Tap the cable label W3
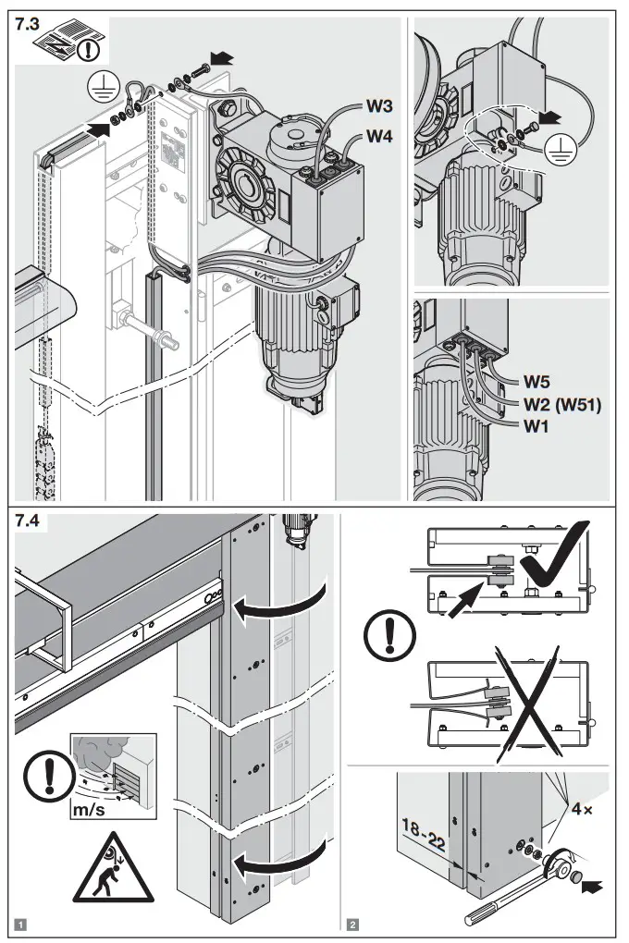tap(383, 107)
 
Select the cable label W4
tap(383, 137)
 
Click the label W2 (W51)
tap(563, 403)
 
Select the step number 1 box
tap(21, 922)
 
